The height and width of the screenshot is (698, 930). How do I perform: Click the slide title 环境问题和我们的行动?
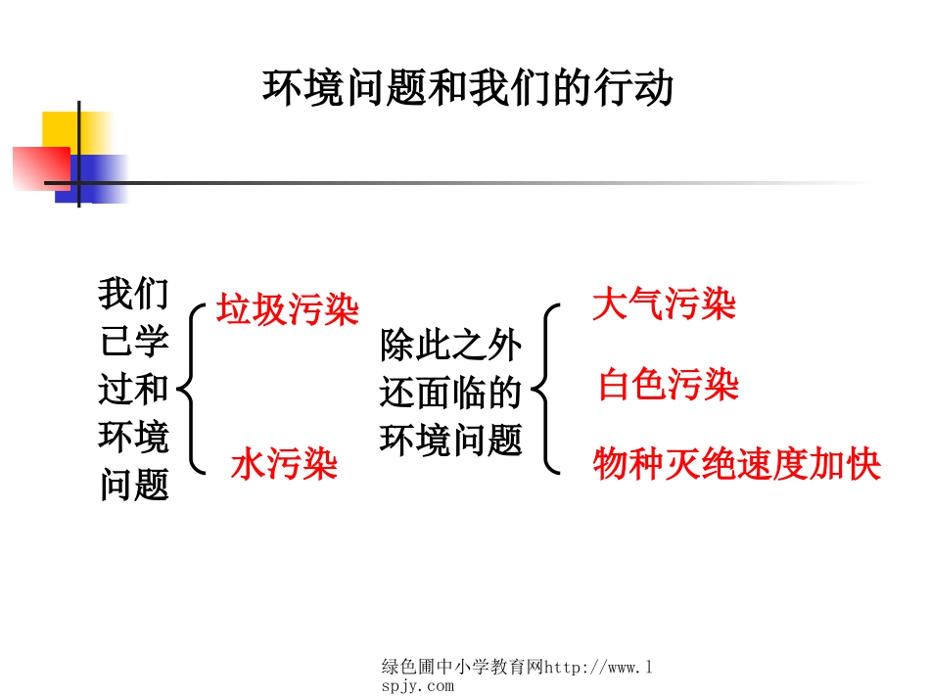coord(468,88)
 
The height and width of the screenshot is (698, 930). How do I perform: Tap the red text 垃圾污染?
coord(287,310)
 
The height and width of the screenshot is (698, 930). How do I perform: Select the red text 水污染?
coord(284,464)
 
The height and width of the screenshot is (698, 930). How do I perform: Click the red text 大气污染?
coord(664,304)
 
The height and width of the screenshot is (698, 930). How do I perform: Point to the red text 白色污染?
coord(668,386)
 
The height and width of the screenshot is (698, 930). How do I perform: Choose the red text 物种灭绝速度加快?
coord(736,464)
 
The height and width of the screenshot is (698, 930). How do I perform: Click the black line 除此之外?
coord(451,346)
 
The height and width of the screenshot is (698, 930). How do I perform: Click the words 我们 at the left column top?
coord(133,293)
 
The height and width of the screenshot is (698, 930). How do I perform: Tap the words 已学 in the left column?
coord(133,342)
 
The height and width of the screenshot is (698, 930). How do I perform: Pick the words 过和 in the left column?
coord(133,390)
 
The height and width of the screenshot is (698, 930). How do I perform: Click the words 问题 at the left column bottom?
coord(133,485)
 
